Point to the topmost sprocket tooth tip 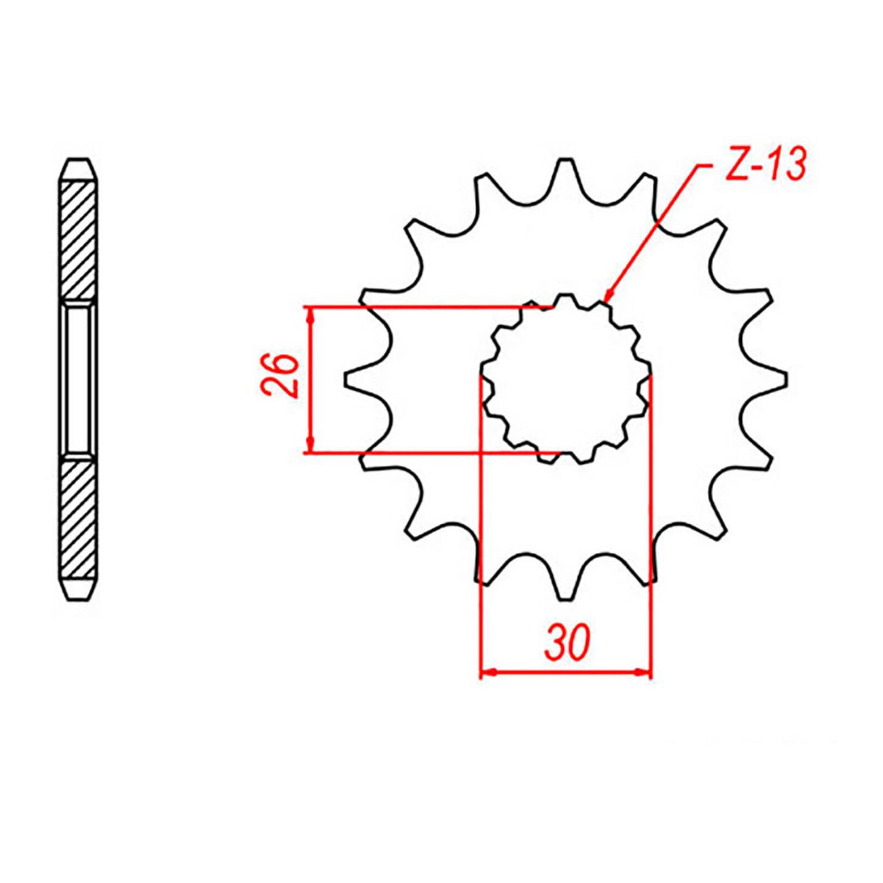click(565, 160)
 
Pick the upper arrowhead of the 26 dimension click(311, 313)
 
